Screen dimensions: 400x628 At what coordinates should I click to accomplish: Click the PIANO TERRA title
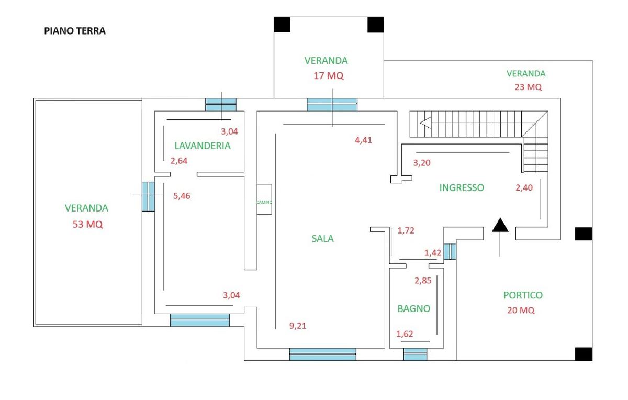pyautogui.click(x=75, y=31)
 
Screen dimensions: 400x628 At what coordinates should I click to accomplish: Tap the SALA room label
pyautogui.click(x=322, y=239)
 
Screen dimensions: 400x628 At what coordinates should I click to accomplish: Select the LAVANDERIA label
pyautogui.click(x=203, y=146)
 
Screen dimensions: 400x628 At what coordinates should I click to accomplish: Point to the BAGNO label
pyautogui.click(x=413, y=309)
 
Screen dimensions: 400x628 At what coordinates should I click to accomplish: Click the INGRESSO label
pyautogui.click(x=462, y=187)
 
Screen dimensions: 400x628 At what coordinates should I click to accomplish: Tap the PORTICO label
pyautogui.click(x=523, y=295)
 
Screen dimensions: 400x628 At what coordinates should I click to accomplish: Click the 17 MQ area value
pyautogui.click(x=329, y=76)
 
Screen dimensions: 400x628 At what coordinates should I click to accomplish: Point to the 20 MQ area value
pyautogui.click(x=521, y=310)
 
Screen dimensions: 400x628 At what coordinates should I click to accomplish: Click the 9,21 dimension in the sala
pyautogui.click(x=298, y=326)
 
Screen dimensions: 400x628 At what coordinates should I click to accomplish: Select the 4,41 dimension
pyautogui.click(x=363, y=140)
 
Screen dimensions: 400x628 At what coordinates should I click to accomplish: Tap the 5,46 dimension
pyautogui.click(x=183, y=196)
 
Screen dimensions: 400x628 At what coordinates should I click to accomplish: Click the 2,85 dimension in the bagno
pyautogui.click(x=423, y=281)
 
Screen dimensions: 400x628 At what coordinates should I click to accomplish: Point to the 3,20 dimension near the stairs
pyautogui.click(x=422, y=163)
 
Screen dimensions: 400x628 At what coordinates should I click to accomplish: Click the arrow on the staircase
pyautogui.click(x=425, y=124)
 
